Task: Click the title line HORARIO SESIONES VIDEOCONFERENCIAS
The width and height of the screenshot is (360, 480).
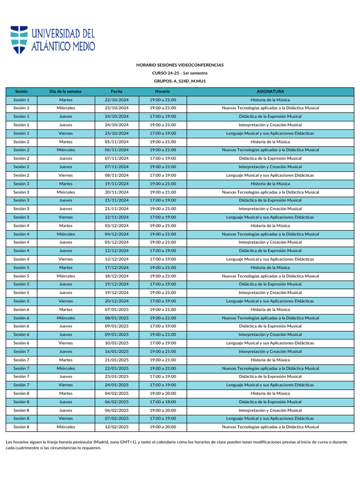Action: pyautogui.click(x=180, y=65)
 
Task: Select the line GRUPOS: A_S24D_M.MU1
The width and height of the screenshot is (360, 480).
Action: pyautogui.click(x=180, y=81)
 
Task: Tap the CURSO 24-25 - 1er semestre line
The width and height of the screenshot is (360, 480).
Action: pyautogui.click(x=180, y=73)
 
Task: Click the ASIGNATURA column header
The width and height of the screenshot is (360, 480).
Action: pyautogui.click(x=270, y=91)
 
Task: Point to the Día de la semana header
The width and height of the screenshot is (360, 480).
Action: pyautogui.click(x=66, y=91)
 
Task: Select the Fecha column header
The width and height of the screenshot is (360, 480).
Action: pyautogui.click(x=117, y=91)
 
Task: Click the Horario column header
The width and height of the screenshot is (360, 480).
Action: pyautogui.click(x=163, y=91)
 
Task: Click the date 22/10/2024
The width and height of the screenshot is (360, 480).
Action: pyautogui.click(x=117, y=100)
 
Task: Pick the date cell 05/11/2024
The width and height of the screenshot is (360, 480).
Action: pyautogui.click(x=117, y=142)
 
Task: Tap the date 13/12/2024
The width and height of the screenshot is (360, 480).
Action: pyautogui.click(x=117, y=259)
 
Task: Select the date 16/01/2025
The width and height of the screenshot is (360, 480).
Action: pyautogui.click(x=117, y=352)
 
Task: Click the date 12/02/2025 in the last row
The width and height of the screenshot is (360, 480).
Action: pyautogui.click(x=117, y=427)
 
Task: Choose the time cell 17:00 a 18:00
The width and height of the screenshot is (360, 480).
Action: pyautogui.click(x=163, y=402)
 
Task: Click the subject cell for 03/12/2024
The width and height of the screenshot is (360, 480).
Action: pyautogui.click(x=270, y=225)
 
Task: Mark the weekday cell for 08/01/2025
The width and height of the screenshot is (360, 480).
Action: pyautogui.click(x=66, y=318)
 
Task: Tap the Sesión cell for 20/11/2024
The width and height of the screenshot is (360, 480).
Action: pyautogui.click(x=22, y=192)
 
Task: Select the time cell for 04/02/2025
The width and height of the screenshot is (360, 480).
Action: pyautogui.click(x=163, y=393)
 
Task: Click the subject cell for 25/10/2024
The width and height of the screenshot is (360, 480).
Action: pyautogui.click(x=270, y=133)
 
